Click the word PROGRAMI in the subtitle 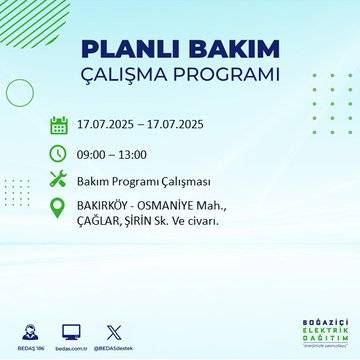pos(228,77)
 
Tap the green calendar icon pos(58,126)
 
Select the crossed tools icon pos(58,180)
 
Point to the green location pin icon pos(58,211)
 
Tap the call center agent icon pos(24,331)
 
